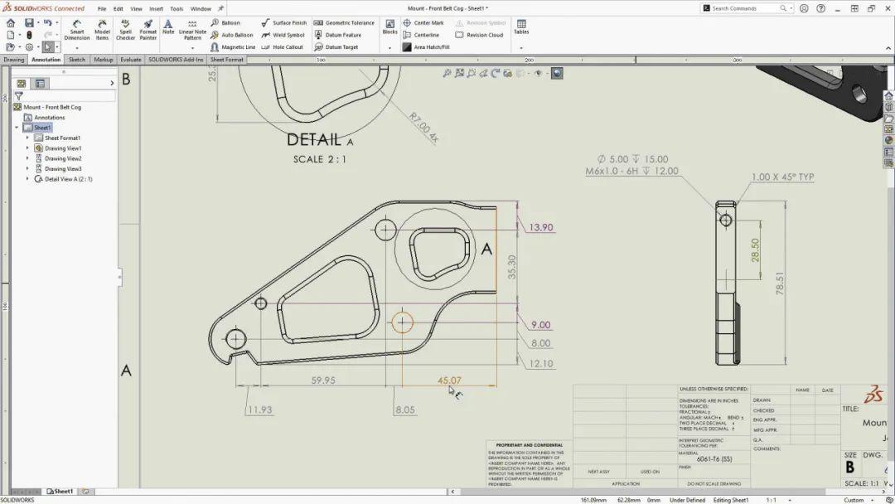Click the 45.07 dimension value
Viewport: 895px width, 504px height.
(x=449, y=380)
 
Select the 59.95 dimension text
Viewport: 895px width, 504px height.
(x=323, y=380)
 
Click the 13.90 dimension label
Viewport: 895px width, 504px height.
(x=541, y=227)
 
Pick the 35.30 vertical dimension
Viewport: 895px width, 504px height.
(x=511, y=265)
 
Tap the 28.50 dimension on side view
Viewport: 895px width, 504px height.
(x=755, y=250)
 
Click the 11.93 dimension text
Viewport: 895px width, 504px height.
(x=259, y=409)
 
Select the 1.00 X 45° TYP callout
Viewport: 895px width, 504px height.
(x=782, y=177)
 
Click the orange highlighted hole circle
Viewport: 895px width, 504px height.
(x=403, y=322)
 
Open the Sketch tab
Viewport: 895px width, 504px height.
(x=77, y=60)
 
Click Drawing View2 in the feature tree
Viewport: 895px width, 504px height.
(x=63, y=158)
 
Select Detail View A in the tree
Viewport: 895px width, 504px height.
(x=68, y=179)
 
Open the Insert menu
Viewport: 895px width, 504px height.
(x=156, y=8)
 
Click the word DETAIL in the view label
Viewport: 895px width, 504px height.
(x=314, y=140)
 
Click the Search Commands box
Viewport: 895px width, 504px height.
(x=745, y=8)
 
